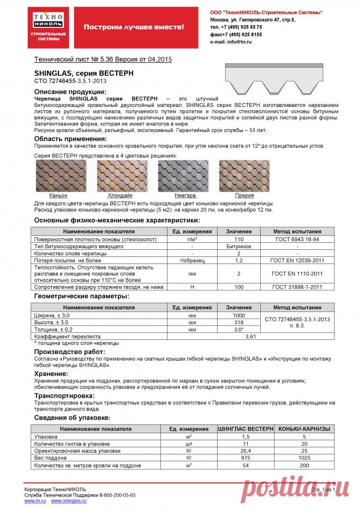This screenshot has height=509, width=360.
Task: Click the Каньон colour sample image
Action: (58, 176)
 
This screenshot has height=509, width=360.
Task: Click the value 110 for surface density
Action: (238, 239)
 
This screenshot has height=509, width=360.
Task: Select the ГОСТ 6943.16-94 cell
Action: (297, 239)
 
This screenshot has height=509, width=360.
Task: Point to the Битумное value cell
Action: (238, 247)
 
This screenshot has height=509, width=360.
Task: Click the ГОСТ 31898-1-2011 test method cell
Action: (297, 286)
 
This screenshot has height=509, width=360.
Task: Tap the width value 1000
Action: (238, 315)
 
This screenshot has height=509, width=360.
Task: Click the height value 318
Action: (238, 322)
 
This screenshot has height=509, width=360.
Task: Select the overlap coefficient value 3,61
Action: (250, 337)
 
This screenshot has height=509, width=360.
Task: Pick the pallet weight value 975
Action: (245, 458)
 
